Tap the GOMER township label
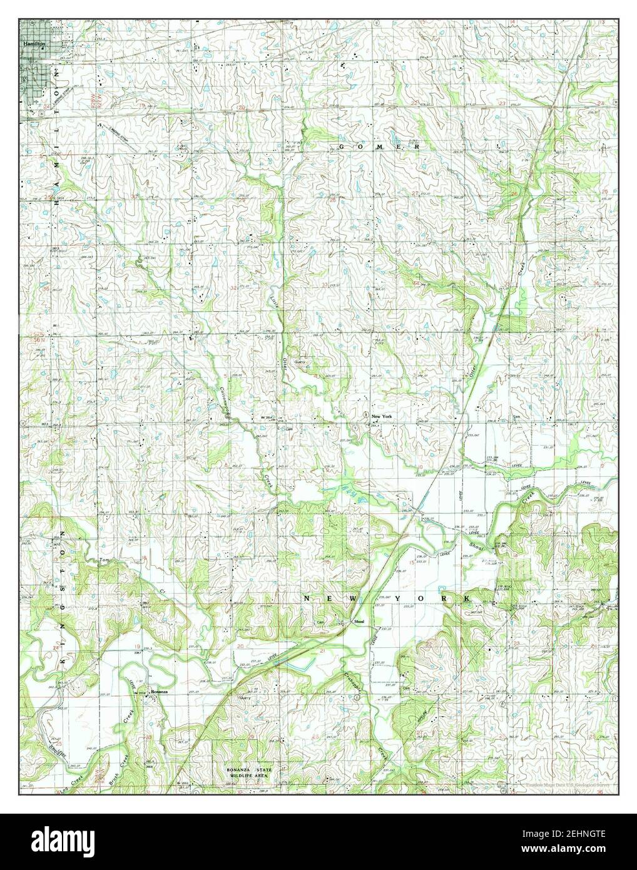tap(379, 146)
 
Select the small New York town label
tap(381, 416)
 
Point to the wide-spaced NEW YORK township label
tap(388, 600)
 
